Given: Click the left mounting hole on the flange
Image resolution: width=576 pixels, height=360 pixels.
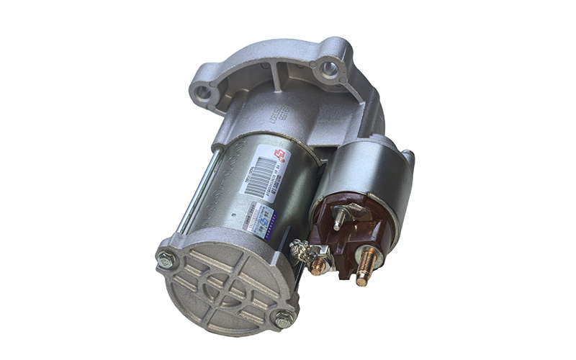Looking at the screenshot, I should (x=203, y=93).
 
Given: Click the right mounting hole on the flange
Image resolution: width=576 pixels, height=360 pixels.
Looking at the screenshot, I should (x=329, y=69).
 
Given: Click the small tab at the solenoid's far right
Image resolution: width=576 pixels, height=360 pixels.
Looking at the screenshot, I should (x=408, y=157).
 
